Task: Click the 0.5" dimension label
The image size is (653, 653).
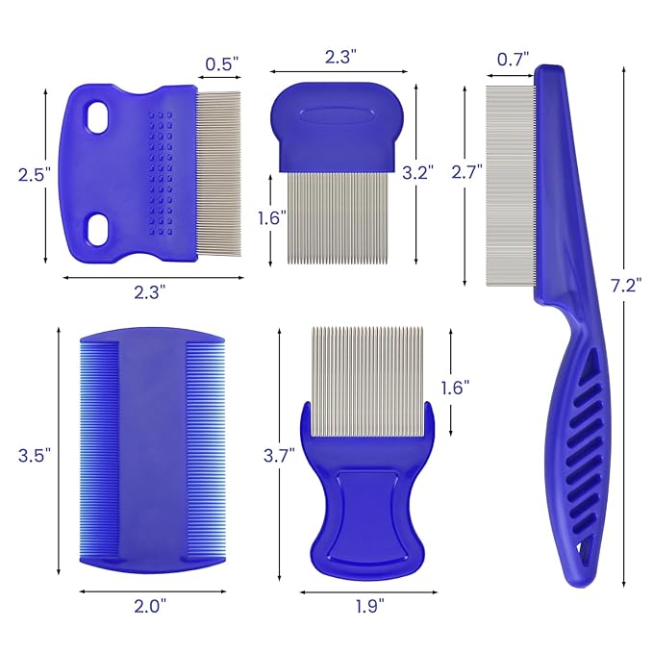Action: (x=222, y=65)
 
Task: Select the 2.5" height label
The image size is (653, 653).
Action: (x=32, y=174)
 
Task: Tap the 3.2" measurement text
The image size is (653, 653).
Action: (x=419, y=172)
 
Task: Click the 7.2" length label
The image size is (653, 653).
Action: (x=626, y=285)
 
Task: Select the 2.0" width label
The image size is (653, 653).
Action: (x=150, y=606)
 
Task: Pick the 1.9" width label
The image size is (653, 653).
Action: (x=368, y=606)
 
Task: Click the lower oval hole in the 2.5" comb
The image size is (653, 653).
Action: (x=96, y=227)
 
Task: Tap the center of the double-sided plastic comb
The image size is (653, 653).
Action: (x=151, y=452)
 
